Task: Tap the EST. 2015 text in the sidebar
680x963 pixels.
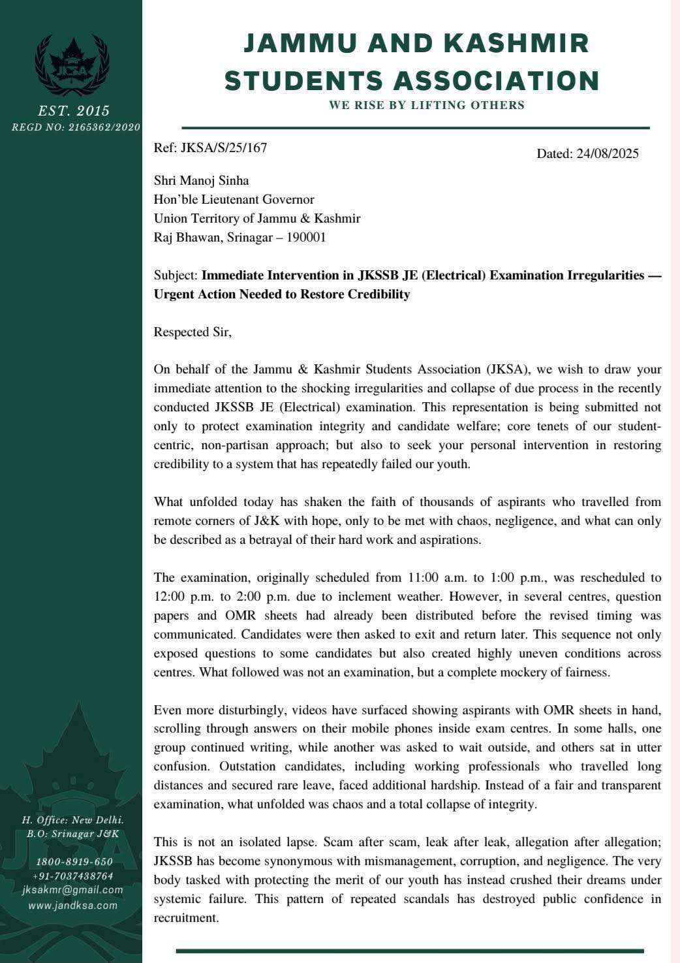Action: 74,110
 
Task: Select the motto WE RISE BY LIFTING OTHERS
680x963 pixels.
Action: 427,105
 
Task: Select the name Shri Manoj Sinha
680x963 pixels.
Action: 201,180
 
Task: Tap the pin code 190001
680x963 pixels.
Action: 306,237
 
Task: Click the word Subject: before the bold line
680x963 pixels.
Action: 176,275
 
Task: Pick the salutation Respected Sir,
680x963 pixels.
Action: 193,332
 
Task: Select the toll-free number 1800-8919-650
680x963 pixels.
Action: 74,862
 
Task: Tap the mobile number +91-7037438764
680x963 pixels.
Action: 73,876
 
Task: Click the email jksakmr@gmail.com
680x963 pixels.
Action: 72,890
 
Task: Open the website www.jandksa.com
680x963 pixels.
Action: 73,906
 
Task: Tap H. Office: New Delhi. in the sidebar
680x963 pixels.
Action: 73,820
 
